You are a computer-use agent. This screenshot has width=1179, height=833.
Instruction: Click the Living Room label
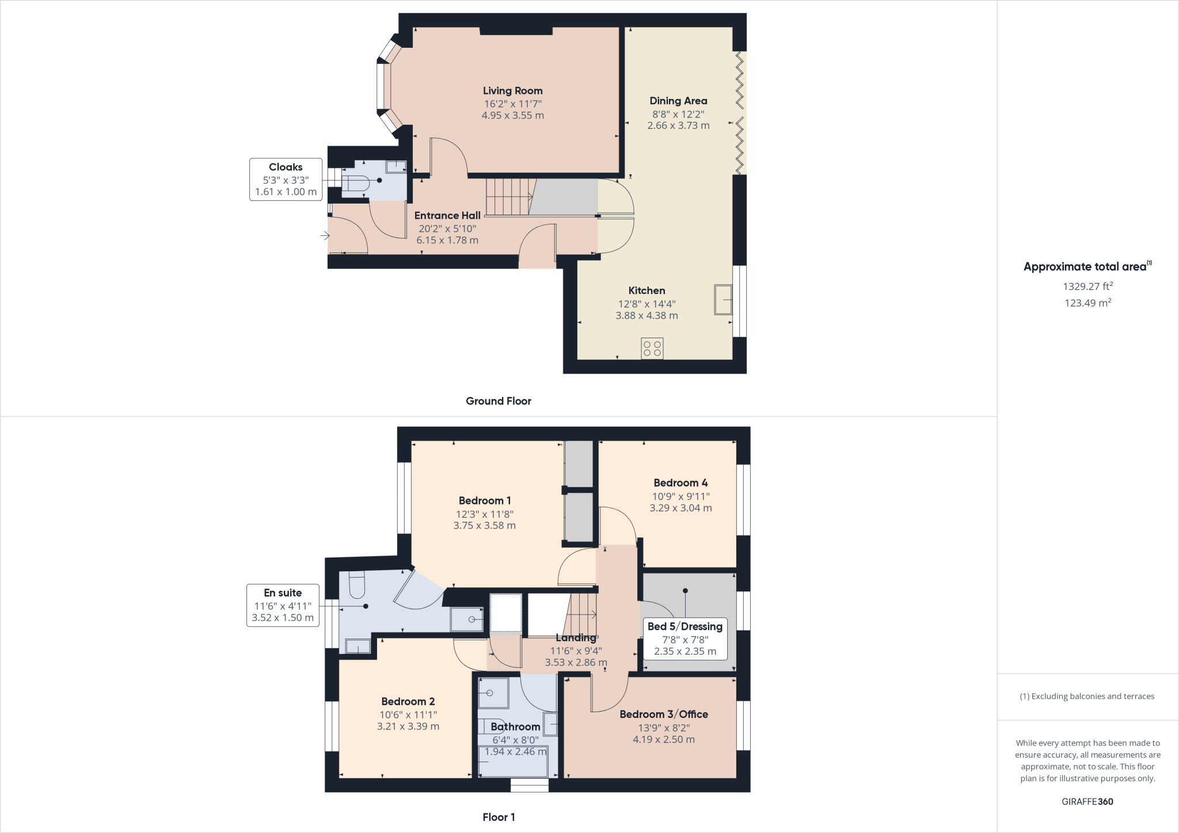pyautogui.click(x=512, y=91)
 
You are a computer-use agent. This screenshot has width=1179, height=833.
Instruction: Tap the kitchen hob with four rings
pyautogui.click(x=652, y=349)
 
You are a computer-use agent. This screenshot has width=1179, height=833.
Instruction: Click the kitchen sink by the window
pyautogui.click(x=723, y=299)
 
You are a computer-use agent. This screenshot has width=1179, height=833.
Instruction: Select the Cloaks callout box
pyautogui.click(x=286, y=179)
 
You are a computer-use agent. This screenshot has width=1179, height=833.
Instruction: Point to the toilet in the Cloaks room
pyautogui.click(x=357, y=183)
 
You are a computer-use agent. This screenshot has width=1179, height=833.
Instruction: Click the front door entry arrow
pyautogui.click(x=325, y=235)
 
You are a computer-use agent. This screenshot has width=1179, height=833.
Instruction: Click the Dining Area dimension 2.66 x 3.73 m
pyautogui.click(x=678, y=125)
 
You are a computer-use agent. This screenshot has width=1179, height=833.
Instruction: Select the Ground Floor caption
pyautogui.click(x=498, y=401)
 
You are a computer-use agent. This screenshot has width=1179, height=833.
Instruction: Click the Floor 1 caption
pyautogui.click(x=499, y=817)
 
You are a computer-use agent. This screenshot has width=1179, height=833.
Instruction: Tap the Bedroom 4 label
pyautogui.click(x=680, y=483)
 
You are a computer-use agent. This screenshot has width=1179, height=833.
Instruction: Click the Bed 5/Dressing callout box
pyautogui.click(x=684, y=639)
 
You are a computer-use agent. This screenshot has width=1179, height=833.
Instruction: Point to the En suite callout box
pyautogui.click(x=283, y=605)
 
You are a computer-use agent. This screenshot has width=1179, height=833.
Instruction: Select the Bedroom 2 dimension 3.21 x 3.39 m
pyautogui.click(x=408, y=727)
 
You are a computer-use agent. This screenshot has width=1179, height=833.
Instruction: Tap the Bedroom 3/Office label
pyautogui.click(x=664, y=714)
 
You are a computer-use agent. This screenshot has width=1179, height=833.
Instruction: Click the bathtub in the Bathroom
pyautogui.click(x=512, y=762)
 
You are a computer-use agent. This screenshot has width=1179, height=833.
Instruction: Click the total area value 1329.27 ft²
pyautogui.click(x=1087, y=286)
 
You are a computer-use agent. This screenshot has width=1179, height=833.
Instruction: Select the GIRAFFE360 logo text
pyautogui.click(x=1087, y=801)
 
